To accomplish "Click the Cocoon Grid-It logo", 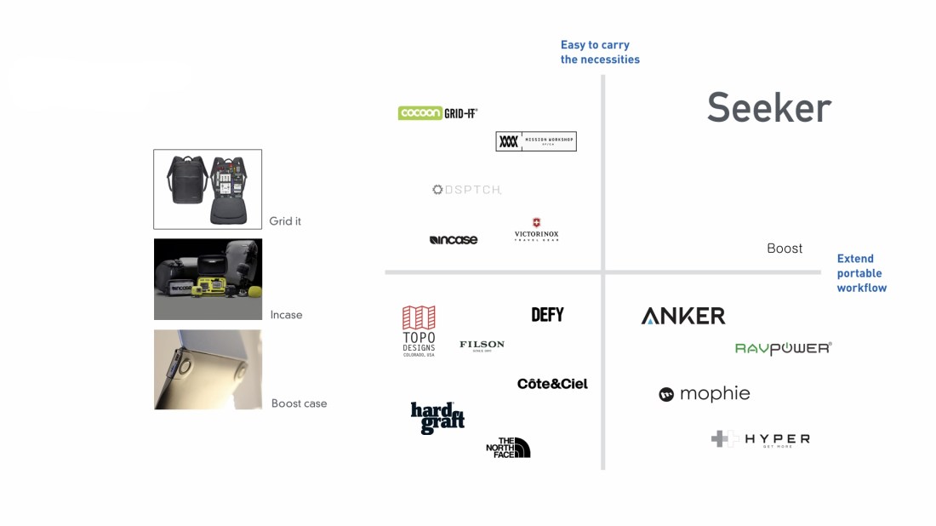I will [437, 113].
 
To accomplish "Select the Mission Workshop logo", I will [536, 141].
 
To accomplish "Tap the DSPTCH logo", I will [467, 190].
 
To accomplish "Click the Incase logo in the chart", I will [454, 240].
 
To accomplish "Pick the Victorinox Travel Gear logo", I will [537, 231].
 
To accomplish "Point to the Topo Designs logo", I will [419, 331].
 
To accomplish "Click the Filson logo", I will [482, 345].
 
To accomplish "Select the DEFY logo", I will [547, 315].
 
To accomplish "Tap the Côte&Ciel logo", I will [552, 384].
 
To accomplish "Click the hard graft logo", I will [437, 418].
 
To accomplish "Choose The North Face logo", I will [508, 447].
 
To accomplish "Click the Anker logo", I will [683, 316].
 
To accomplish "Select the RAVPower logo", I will [783, 348].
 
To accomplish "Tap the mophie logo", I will [705, 394].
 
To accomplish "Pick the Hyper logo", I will [760, 439].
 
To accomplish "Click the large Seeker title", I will [768, 108].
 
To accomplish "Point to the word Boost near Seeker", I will [785, 249].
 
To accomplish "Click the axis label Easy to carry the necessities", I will [600, 52].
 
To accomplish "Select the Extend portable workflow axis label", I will [861, 273].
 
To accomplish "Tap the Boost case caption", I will [299, 403].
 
